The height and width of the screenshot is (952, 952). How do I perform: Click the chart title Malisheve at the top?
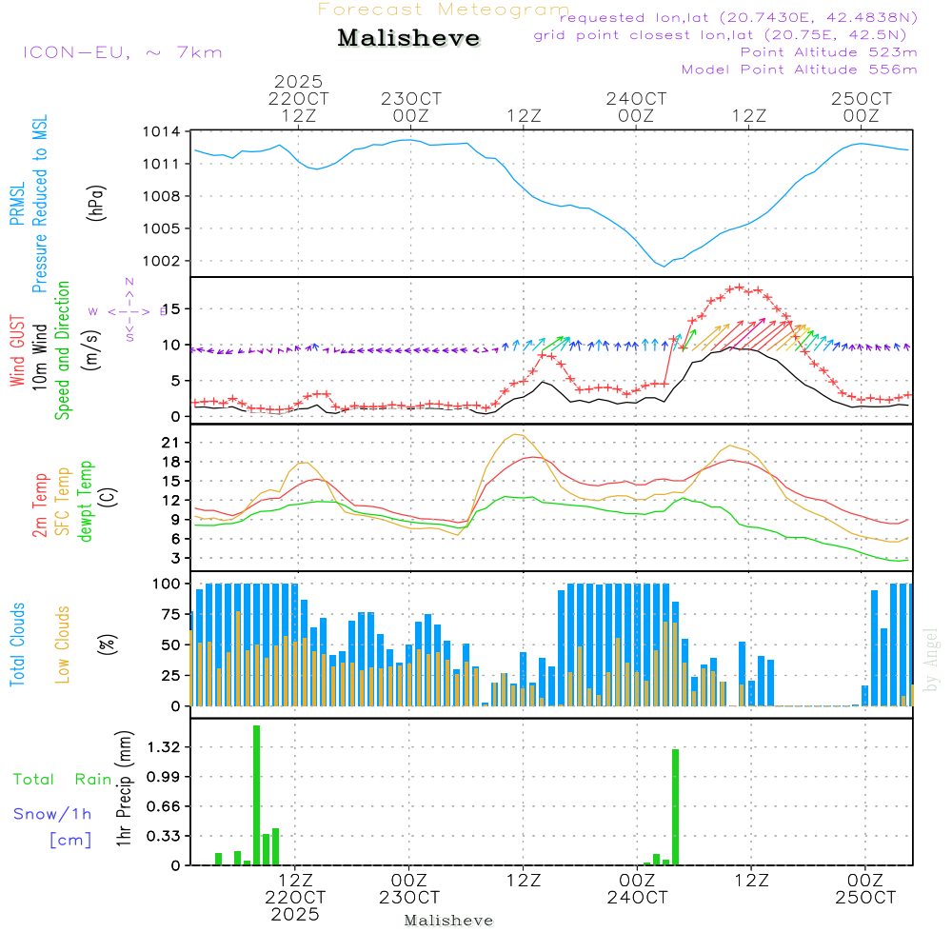click(x=409, y=39)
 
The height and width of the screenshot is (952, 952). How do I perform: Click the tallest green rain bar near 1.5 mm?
click(x=256, y=795)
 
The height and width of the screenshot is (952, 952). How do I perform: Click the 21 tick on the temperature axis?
click(x=168, y=443)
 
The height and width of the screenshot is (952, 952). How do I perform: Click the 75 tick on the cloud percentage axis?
click(x=168, y=614)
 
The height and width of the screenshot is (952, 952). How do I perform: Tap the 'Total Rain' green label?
click(x=63, y=779)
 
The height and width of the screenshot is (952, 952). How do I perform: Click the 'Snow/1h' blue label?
click(x=52, y=814)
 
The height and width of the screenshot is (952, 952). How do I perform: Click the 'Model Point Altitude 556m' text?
click(x=799, y=69)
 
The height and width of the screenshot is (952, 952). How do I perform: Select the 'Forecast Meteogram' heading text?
click(x=444, y=10)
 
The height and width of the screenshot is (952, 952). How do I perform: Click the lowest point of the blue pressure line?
click(x=664, y=266)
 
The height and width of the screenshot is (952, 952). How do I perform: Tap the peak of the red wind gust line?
click(x=739, y=287)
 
